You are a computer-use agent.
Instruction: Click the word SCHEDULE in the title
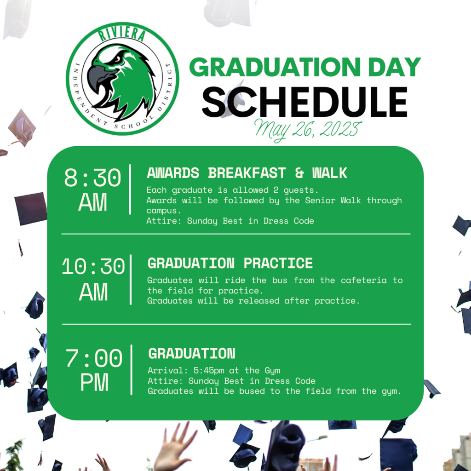click(x=304, y=102)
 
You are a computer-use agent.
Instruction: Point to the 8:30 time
click(x=92, y=178)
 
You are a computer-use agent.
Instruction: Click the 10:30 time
click(x=93, y=266)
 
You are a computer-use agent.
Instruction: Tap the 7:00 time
click(x=94, y=358)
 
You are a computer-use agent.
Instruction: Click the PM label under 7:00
click(x=94, y=382)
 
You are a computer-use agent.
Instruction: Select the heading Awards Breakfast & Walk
click(x=247, y=173)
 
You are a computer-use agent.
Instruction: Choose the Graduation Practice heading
click(x=230, y=263)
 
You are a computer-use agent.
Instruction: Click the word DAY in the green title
click(x=394, y=67)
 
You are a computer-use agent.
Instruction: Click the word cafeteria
click(x=363, y=280)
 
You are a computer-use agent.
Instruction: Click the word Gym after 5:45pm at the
click(x=272, y=371)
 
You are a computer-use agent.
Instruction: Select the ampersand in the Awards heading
click(x=299, y=173)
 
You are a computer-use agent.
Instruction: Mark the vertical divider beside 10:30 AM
click(x=131, y=280)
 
